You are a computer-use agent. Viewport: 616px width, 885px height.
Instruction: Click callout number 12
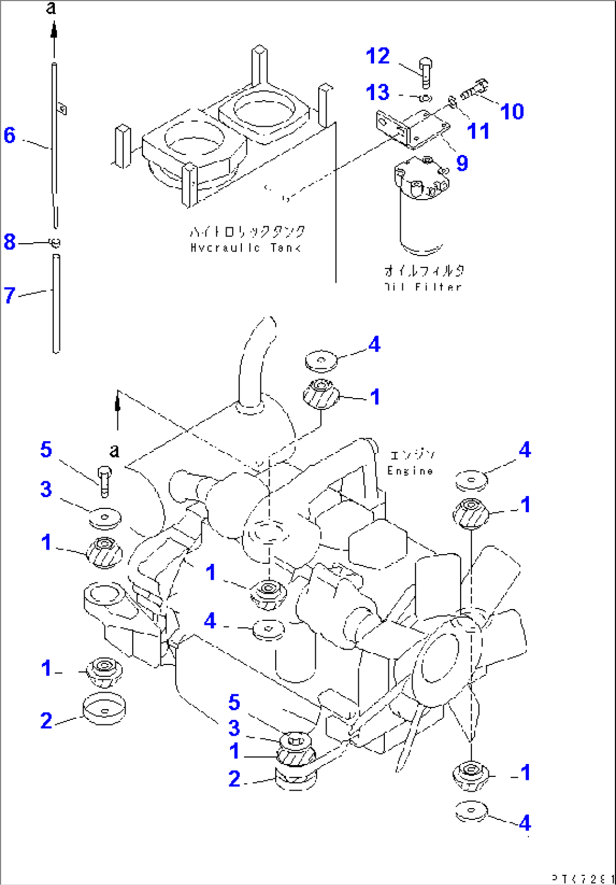click(378, 56)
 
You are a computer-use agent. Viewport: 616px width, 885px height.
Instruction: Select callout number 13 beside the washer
click(378, 91)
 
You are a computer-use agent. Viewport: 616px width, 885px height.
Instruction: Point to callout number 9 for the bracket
click(462, 163)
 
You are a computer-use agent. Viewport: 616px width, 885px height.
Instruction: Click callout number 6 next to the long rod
click(9, 136)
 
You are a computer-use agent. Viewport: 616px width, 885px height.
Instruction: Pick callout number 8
click(9, 243)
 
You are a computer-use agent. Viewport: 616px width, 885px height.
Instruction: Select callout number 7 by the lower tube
click(9, 295)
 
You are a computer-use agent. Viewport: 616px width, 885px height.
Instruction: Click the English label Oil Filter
click(422, 287)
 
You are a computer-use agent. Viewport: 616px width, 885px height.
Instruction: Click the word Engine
click(410, 470)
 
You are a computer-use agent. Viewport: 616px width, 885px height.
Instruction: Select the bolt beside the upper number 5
click(105, 481)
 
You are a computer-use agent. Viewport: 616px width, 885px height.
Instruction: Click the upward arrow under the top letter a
click(54, 31)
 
